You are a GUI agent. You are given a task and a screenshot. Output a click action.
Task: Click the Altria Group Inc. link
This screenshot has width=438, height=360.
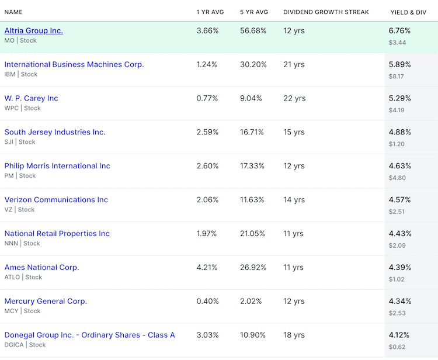[x=34, y=30]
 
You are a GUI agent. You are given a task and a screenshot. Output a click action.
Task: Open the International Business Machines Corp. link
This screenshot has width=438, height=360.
[x=74, y=64]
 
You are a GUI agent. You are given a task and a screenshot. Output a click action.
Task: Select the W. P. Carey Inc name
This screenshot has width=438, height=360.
[x=32, y=98]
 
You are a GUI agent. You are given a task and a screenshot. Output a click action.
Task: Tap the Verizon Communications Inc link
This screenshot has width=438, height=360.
[x=56, y=200]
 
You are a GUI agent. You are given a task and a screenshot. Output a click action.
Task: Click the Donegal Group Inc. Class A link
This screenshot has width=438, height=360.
[x=89, y=335]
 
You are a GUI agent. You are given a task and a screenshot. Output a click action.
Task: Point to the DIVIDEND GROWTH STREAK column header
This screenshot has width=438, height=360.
[x=326, y=12]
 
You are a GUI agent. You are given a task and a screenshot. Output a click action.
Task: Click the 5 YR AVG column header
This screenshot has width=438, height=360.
[x=254, y=12]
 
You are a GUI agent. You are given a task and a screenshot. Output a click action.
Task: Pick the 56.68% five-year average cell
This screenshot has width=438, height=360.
[x=253, y=30]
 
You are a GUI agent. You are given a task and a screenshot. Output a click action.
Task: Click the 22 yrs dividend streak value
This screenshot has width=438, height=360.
[x=294, y=98]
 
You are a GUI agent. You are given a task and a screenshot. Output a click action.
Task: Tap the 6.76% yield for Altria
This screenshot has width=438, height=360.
[x=400, y=30]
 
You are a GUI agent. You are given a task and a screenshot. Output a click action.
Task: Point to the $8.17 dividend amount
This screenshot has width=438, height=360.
[x=397, y=76]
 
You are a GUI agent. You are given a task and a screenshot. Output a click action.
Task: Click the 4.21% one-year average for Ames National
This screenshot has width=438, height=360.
[x=207, y=268]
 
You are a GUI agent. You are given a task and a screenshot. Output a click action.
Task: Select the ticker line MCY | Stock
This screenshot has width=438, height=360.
[x=22, y=311]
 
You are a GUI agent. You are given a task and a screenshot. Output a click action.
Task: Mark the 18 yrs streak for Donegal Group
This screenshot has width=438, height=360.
[x=294, y=335]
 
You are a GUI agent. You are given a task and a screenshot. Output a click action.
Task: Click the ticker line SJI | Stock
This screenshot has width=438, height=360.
[x=19, y=141]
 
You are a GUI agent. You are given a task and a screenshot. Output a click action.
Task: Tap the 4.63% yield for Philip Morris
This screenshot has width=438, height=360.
[x=400, y=166]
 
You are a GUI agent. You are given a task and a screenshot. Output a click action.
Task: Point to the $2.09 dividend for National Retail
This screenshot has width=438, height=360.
[x=397, y=245]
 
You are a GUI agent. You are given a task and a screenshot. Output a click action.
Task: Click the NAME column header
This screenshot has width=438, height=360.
[x=15, y=12]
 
